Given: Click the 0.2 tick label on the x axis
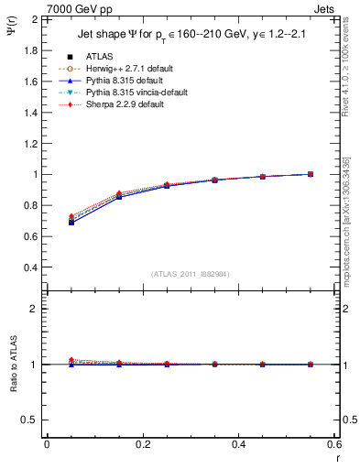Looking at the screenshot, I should [x=143, y=444].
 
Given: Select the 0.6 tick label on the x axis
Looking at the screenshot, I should [x=334, y=444].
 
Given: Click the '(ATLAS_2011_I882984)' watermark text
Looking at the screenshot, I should [x=191, y=273].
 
